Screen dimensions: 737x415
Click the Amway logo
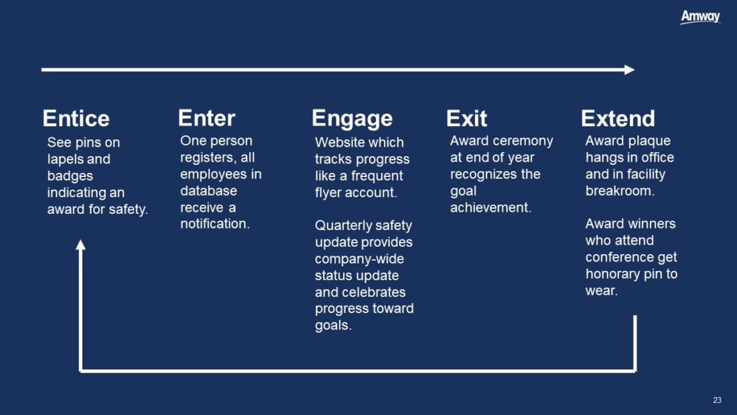(700, 17)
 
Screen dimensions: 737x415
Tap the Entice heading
(76, 118)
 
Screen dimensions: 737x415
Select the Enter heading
(206, 118)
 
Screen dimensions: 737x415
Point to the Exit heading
(466, 119)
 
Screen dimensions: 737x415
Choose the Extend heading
(618, 119)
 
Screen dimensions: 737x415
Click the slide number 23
(717, 400)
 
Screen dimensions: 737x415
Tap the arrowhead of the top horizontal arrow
(630, 70)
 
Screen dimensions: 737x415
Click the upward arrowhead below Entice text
(81, 245)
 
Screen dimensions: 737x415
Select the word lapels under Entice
(66, 160)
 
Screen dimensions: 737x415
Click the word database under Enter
(208, 190)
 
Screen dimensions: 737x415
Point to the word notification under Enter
(215, 224)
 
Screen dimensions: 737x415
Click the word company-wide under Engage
(359, 259)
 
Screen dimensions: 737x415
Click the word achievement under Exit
(490, 208)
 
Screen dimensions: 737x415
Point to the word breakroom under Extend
(620, 191)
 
